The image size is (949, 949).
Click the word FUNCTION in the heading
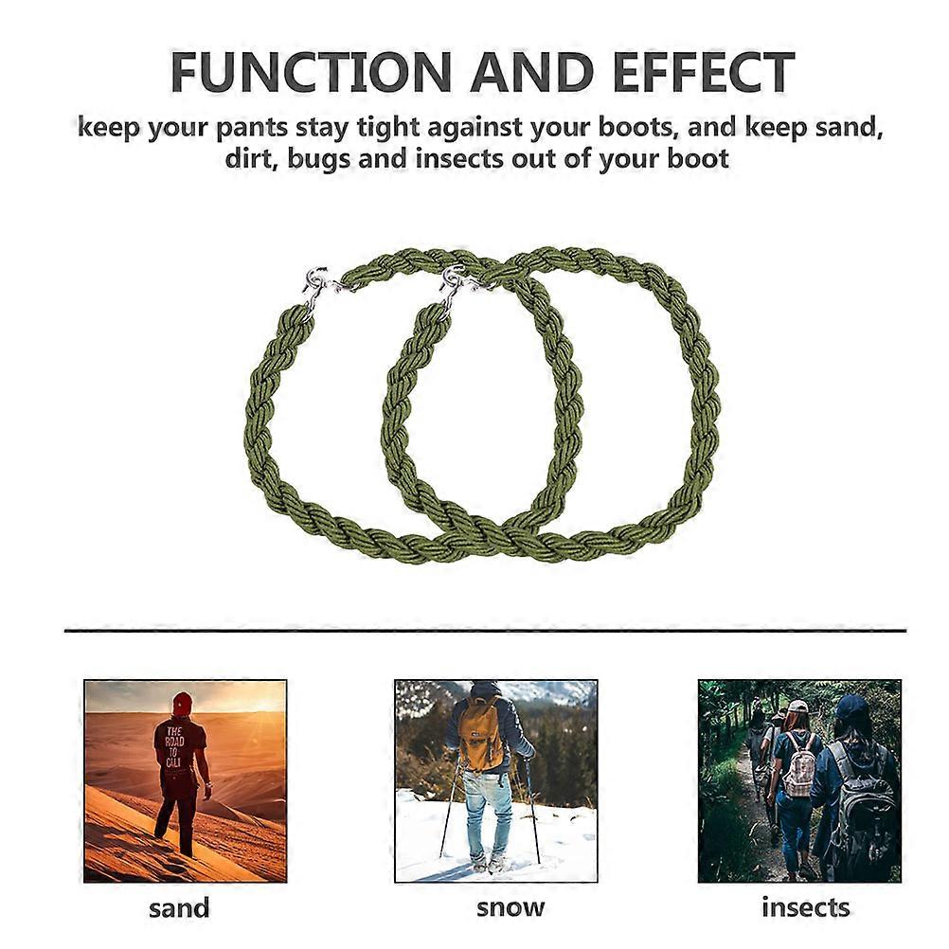pyautogui.click(x=311, y=72)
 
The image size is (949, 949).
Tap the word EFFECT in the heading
pyautogui.click(x=703, y=72)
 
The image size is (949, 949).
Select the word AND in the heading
pyautogui.click(x=531, y=72)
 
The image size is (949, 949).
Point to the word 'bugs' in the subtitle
pyautogui.click(x=318, y=159)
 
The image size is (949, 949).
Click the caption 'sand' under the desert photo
pyautogui.click(x=179, y=908)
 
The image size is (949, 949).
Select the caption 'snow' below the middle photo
pyautogui.click(x=510, y=907)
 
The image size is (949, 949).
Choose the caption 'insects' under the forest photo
pyautogui.click(x=806, y=907)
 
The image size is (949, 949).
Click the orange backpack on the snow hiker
pyautogui.click(x=480, y=732)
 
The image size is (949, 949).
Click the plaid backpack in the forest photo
pyautogui.click(x=800, y=765)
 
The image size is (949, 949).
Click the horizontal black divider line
pyautogui.click(x=486, y=631)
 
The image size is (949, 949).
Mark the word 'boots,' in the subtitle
pyautogui.click(x=639, y=128)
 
